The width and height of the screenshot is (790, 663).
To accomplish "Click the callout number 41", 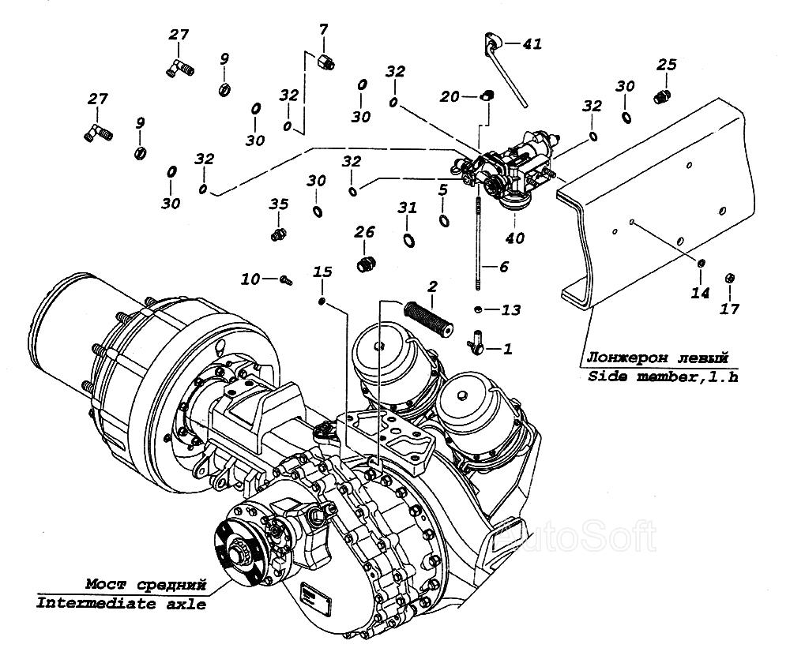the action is click(532, 44).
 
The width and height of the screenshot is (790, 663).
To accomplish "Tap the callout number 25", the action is click(666, 65).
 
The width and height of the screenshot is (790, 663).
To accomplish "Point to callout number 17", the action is click(729, 309).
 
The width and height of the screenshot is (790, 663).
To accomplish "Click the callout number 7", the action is click(323, 30).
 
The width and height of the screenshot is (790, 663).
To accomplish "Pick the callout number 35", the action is click(278, 204).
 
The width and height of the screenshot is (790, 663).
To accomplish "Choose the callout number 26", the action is click(364, 232).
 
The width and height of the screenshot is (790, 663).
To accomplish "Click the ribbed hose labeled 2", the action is click(429, 319).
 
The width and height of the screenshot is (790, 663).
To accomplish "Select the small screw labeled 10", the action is click(286, 279).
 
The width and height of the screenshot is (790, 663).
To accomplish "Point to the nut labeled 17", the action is click(729, 279).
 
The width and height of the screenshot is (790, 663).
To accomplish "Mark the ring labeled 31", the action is click(408, 240).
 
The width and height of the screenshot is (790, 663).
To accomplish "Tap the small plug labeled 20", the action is click(486, 95).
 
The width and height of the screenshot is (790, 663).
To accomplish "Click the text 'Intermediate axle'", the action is click(121, 603).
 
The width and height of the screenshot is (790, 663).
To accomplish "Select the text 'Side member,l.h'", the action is click(663, 376).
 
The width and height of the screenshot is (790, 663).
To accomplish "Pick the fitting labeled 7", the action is click(325, 62).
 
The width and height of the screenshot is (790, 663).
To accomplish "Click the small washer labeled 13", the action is click(478, 309).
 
